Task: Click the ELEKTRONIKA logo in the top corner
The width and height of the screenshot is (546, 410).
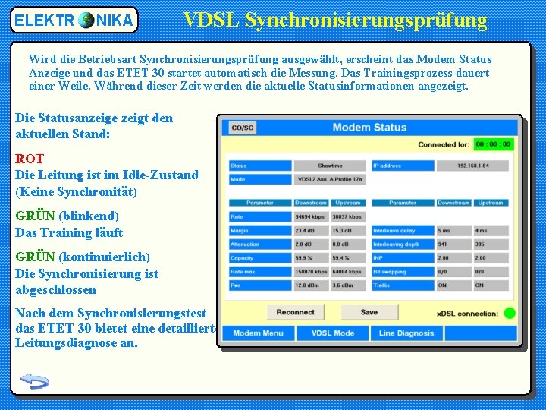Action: (74, 20)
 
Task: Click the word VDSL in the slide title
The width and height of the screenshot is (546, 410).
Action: (213, 20)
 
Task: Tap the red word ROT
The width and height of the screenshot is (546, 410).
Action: (30, 159)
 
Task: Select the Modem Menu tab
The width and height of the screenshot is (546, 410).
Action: (258, 333)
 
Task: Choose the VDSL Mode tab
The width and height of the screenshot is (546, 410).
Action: (333, 333)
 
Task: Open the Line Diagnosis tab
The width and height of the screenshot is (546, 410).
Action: (407, 333)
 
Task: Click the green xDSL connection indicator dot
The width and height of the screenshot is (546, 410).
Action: (509, 313)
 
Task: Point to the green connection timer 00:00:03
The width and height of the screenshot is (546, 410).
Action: (493, 144)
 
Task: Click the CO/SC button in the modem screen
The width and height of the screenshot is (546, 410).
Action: (243, 128)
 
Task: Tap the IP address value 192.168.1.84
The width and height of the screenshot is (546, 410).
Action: (473, 166)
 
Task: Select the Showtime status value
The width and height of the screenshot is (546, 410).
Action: (330, 166)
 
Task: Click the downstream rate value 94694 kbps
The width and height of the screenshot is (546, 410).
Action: (310, 217)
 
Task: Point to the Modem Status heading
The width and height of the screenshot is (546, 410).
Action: (369, 127)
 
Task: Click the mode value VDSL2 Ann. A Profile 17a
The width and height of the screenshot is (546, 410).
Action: (330, 180)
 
